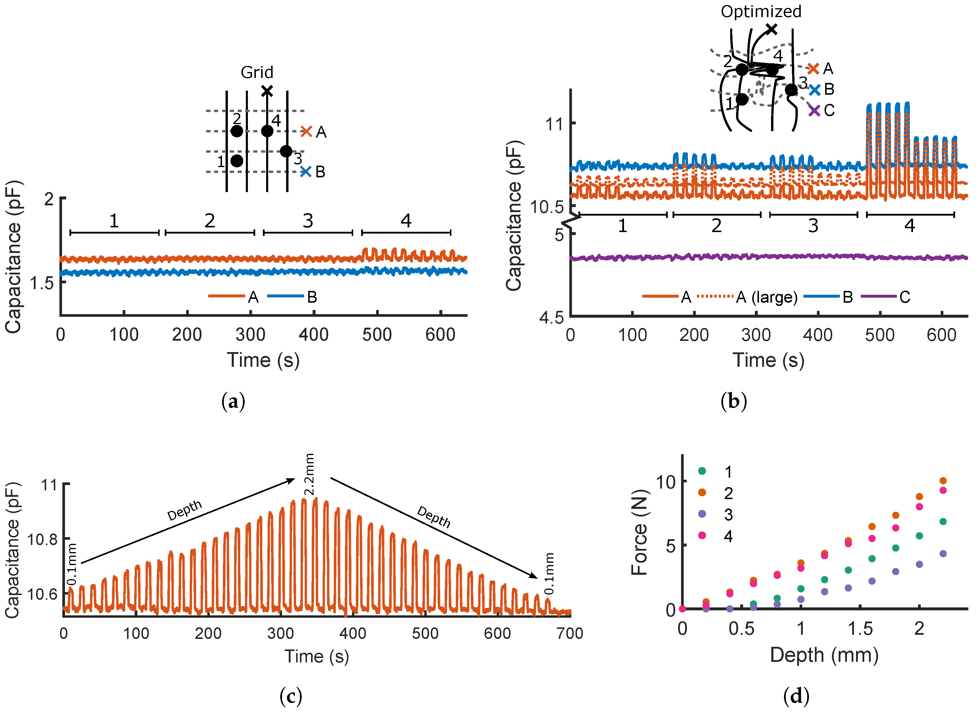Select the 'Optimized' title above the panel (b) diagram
[761, 12]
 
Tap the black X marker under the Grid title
[267, 91]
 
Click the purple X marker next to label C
[814, 111]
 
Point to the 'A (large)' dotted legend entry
[746, 297]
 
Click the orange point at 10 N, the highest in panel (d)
[943, 481]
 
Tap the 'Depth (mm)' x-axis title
[824, 655]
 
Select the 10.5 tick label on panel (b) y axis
[547, 207]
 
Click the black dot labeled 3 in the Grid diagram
[286, 151]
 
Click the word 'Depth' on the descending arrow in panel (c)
[434, 517]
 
